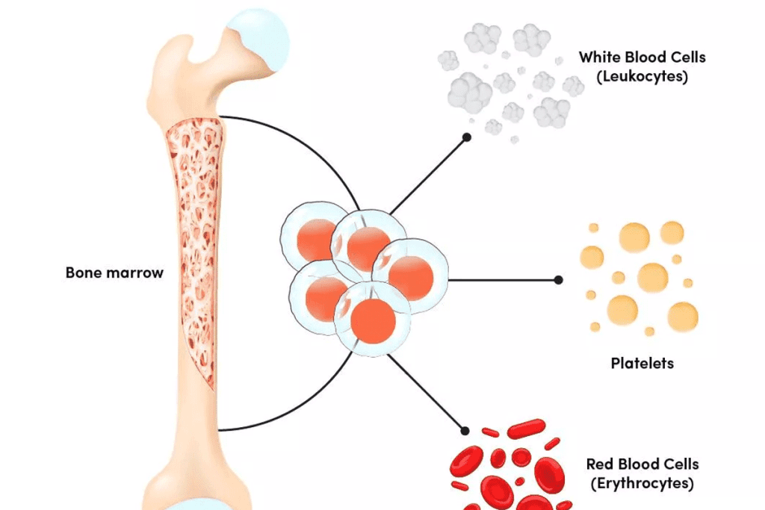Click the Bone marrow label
coord(114,273)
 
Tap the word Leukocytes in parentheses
coord(642,76)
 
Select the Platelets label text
coord(642,364)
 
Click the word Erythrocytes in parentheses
coord(642,483)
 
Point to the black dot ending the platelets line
coord(558,280)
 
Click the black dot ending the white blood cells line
coord(466,137)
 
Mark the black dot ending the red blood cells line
coord(465,431)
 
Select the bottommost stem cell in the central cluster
coord(372,320)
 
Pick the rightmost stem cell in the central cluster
coord(411,277)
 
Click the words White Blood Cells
coord(642,57)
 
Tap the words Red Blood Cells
coord(642,464)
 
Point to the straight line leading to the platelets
coord(504,280)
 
